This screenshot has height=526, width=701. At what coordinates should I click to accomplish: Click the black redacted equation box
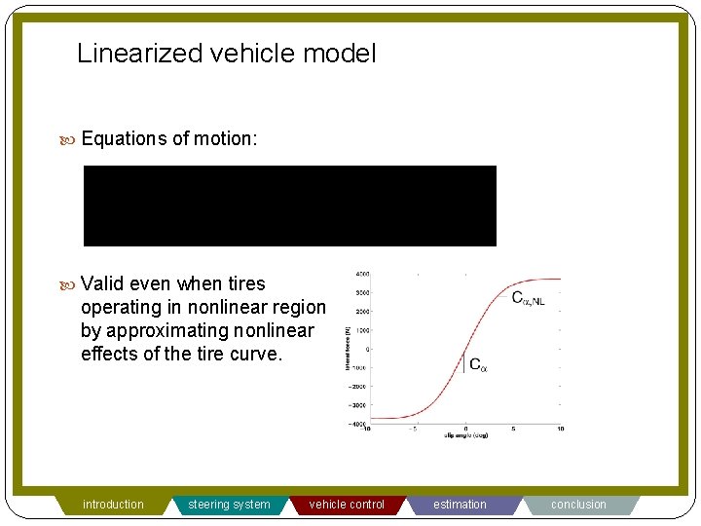289,206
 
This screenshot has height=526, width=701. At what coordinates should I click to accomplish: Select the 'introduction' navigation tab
113,505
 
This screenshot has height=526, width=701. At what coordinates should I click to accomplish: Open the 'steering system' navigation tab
229,505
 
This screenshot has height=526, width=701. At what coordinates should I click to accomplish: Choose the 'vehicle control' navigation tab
347,505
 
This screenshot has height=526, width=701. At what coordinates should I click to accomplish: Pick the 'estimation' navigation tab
460,505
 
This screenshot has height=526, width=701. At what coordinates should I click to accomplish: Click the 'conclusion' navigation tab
578,505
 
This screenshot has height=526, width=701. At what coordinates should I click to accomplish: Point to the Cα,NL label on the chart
529,298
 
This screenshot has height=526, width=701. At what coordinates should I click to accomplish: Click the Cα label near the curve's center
478,365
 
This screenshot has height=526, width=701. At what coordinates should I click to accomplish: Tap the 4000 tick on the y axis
361,274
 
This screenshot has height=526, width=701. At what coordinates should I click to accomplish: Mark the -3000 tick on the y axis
360,404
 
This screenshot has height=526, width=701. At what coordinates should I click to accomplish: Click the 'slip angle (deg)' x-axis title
465,436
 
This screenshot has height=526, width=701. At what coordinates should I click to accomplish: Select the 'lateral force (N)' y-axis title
348,348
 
